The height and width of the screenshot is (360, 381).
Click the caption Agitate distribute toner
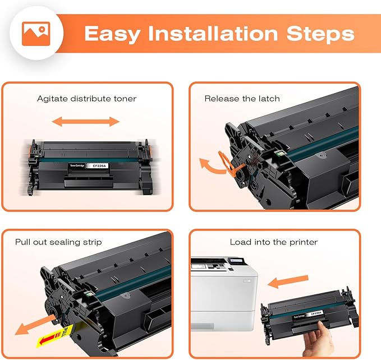(86, 99)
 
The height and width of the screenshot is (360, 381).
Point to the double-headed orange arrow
(86, 122)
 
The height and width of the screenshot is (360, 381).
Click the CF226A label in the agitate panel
(95, 167)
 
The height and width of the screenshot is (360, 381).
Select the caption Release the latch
(242, 99)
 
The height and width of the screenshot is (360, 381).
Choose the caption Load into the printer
(273, 242)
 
